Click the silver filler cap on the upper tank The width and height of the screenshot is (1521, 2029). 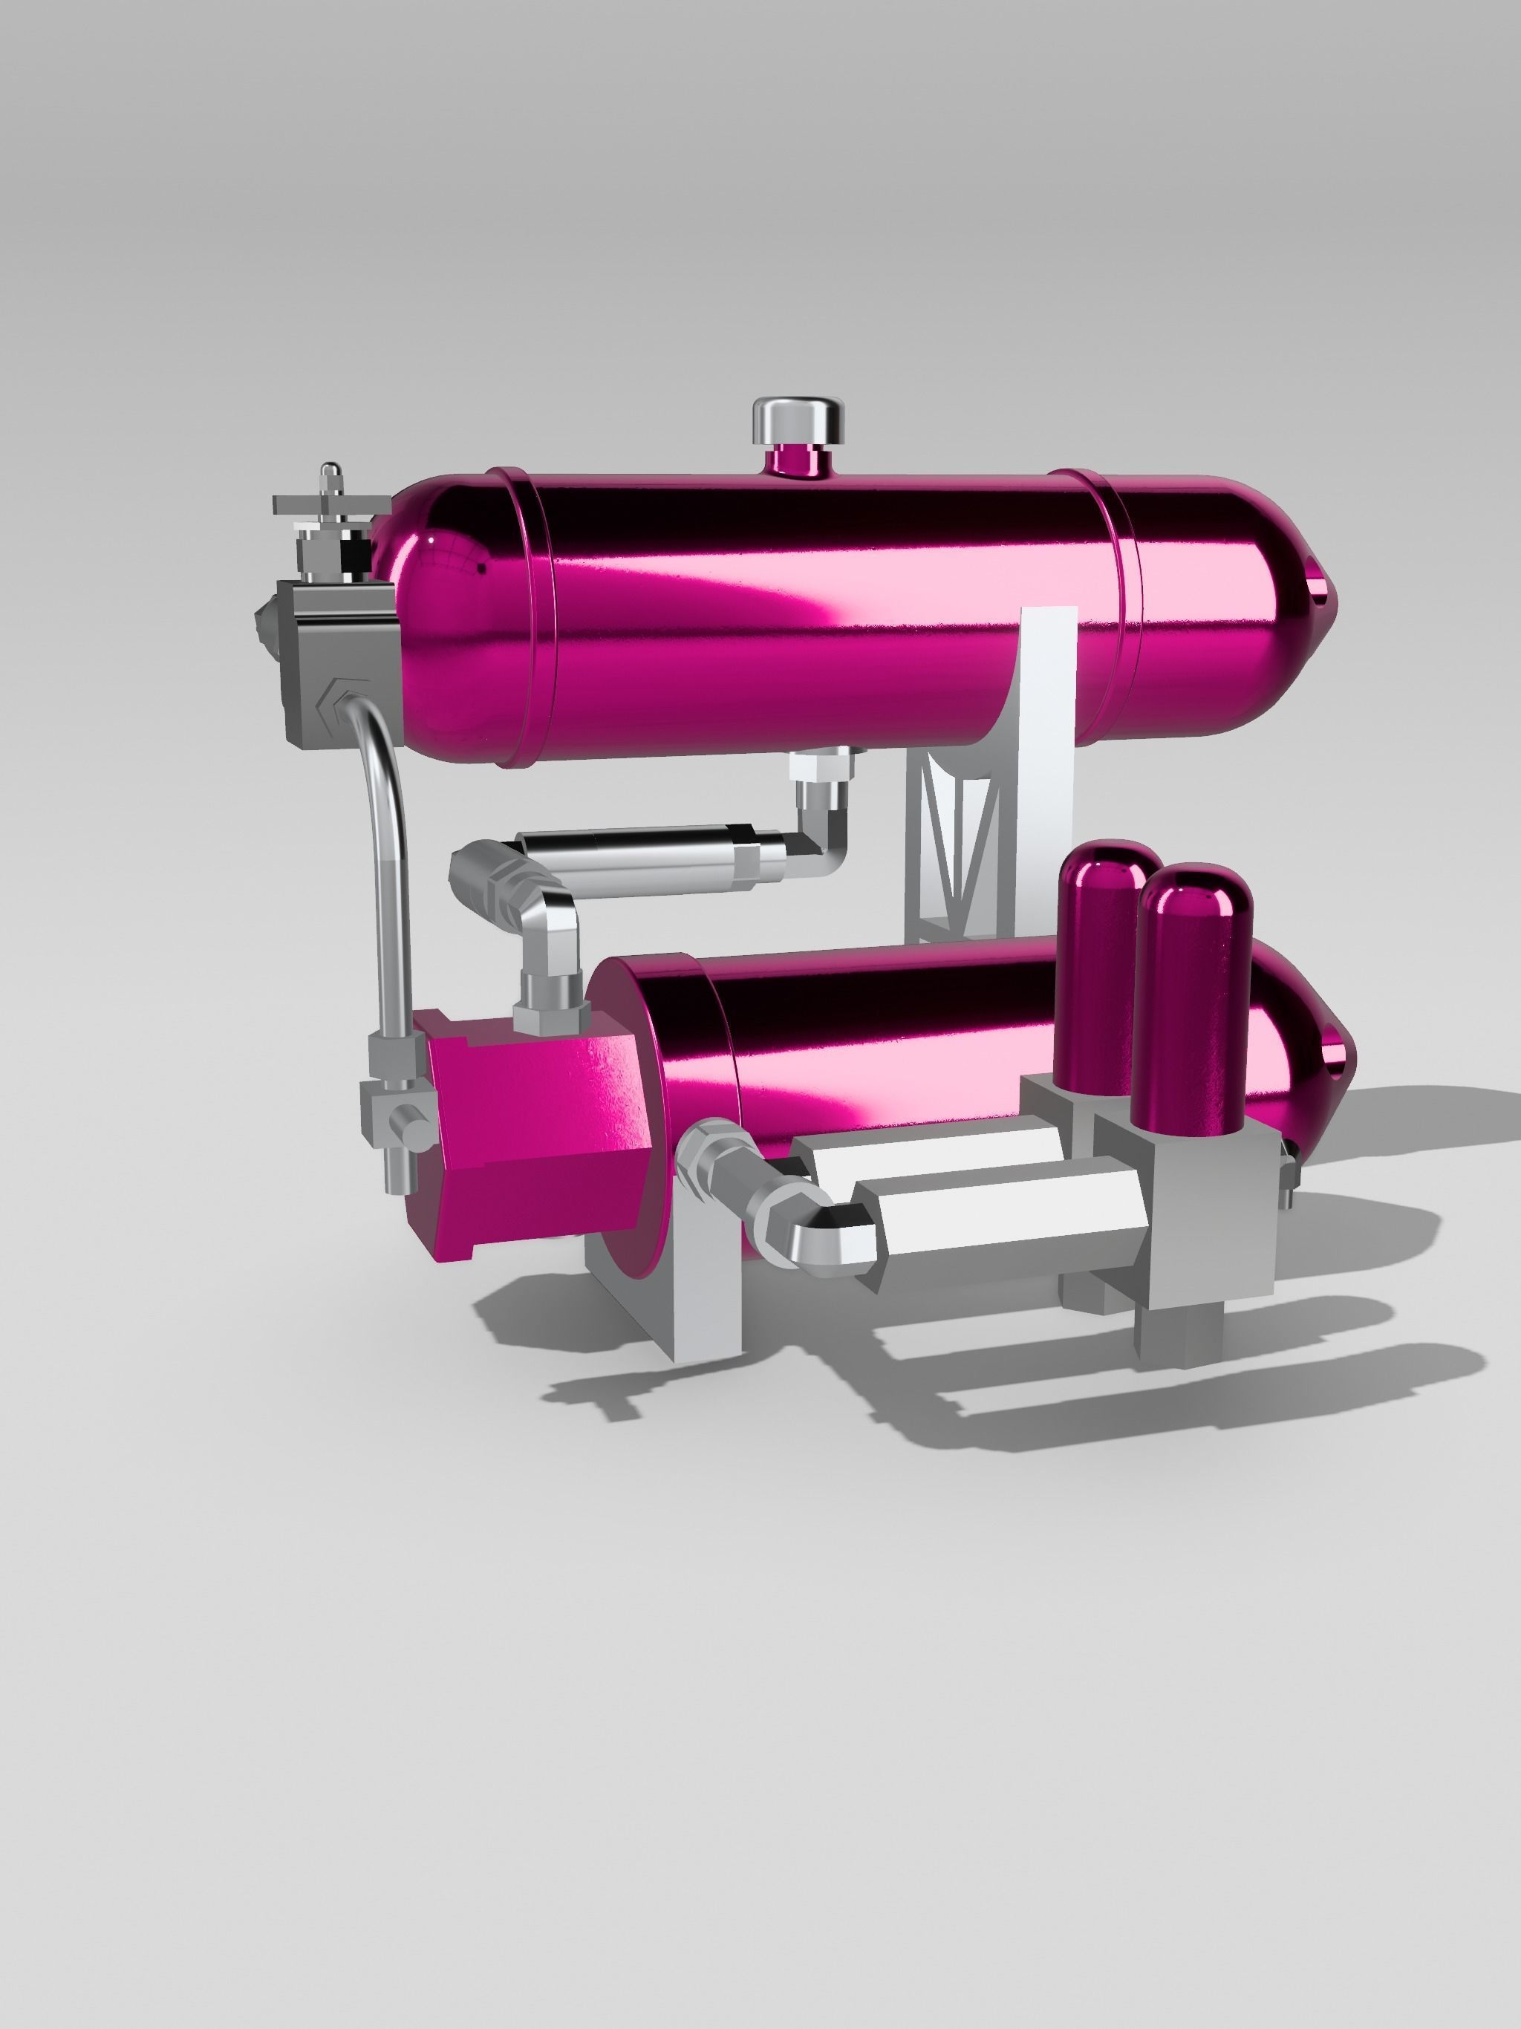[x=797, y=418]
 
